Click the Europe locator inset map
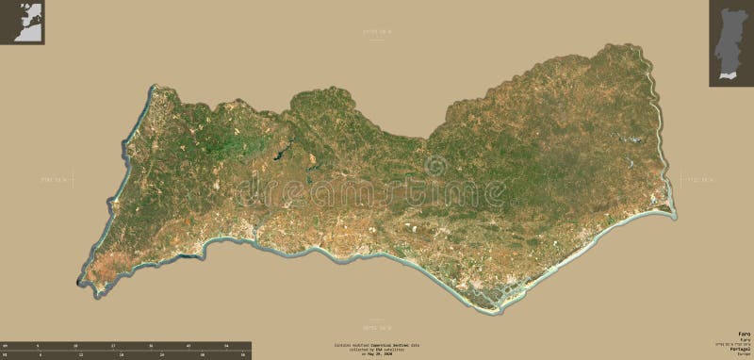coord(23,20)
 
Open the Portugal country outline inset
coord(730,42)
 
